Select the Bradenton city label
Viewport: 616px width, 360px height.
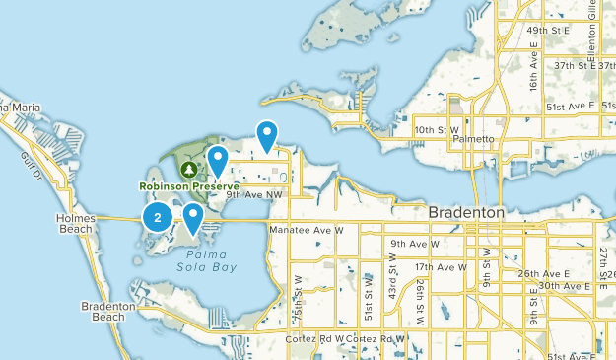tap(467, 213)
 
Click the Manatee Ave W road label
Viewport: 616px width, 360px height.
tap(306, 229)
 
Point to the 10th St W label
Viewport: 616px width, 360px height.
tap(437, 129)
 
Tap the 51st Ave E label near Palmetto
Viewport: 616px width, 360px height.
tap(570, 106)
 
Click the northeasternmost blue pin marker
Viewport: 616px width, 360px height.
tap(266, 134)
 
